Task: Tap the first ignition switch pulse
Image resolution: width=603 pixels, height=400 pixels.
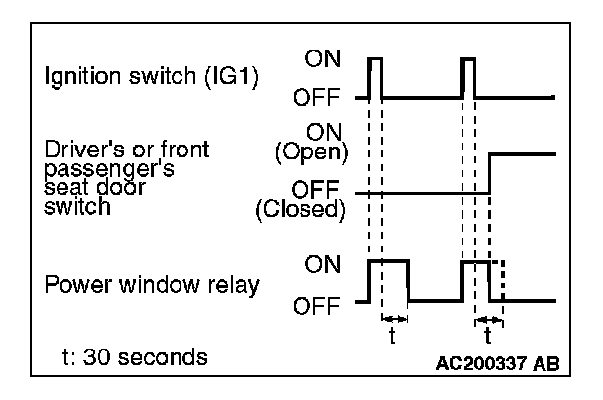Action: click(375, 77)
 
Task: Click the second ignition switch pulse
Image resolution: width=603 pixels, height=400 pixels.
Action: click(468, 77)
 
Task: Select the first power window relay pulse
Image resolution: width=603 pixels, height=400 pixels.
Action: click(388, 280)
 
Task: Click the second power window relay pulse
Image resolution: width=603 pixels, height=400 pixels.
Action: click(476, 280)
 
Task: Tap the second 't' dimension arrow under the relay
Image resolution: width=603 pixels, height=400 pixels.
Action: click(489, 320)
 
